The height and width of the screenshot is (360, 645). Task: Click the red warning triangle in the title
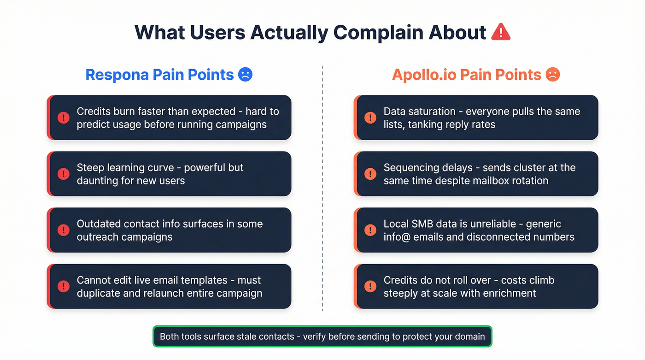tap(500, 32)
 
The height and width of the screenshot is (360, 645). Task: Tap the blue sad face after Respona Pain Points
tap(245, 75)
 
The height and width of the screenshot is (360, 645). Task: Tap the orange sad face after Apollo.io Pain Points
tap(552, 75)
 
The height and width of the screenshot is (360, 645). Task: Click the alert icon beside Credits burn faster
tap(64, 118)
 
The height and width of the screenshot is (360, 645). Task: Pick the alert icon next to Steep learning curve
tap(64, 174)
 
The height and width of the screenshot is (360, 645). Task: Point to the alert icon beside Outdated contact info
tap(64, 230)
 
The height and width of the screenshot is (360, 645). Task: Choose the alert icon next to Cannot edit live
tap(64, 286)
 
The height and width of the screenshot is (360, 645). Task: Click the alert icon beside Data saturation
tap(370, 118)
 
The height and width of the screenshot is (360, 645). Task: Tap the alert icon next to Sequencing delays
tap(370, 174)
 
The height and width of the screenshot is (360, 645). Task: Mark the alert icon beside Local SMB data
tap(370, 230)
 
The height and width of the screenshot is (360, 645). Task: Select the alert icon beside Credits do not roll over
tap(370, 286)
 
